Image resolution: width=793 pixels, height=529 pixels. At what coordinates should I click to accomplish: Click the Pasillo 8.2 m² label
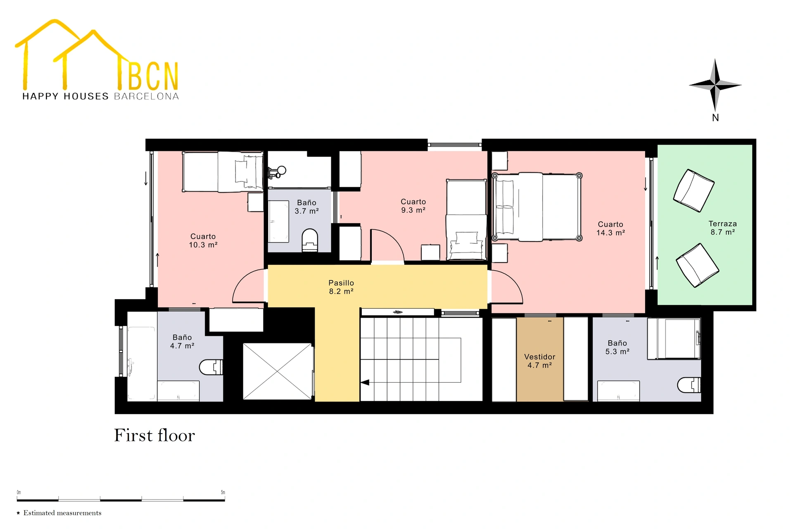(341, 287)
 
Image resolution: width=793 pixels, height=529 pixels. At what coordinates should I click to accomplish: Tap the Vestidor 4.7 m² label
(539, 361)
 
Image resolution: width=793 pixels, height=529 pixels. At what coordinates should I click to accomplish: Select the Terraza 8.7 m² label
(722, 228)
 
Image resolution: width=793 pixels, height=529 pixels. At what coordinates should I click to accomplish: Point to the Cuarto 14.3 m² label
(610, 229)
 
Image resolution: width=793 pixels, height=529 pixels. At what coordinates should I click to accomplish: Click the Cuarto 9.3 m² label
(413, 206)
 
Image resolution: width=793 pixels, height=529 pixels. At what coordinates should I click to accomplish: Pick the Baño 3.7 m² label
(306, 207)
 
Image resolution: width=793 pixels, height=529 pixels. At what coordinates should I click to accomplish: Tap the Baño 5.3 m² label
(617, 347)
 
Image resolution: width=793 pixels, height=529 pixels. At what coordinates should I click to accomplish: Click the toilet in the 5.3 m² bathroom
(689, 385)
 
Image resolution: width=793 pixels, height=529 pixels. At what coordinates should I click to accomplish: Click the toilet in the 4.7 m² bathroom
(211, 367)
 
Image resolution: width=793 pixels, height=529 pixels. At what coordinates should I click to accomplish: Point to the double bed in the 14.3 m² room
(537, 207)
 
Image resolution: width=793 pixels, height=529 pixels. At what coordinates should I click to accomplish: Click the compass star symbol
(715, 85)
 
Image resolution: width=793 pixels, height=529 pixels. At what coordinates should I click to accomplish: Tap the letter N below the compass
(715, 118)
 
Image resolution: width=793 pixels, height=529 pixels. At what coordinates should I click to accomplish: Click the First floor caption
(154, 436)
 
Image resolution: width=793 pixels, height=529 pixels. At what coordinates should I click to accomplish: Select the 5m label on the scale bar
(223, 492)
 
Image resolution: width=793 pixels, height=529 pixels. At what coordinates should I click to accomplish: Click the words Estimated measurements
(62, 513)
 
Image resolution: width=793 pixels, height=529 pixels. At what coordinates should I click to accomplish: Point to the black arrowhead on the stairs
(365, 383)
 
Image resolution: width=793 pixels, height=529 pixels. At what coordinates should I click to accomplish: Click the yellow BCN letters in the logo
(153, 76)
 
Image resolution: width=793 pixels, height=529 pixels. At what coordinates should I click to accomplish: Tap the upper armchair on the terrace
(694, 191)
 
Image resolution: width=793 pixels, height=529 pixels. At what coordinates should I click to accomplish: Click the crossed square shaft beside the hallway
(278, 371)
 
